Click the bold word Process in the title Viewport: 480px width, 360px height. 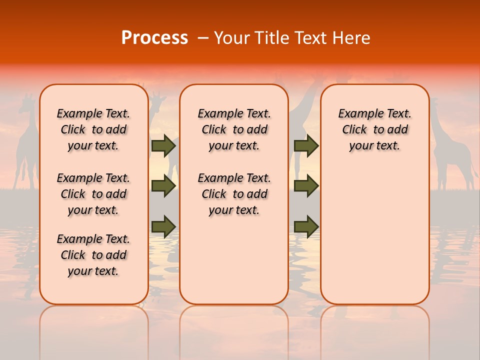pos(154,37)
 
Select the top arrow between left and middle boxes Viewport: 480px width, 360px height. pos(163,145)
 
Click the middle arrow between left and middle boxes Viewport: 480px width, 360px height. pos(163,186)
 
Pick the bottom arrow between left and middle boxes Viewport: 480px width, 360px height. pos(163,226)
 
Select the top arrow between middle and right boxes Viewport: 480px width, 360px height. pos(306,145)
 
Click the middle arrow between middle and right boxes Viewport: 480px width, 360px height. pos(306,186)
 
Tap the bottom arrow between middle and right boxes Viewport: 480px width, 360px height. pos(306,226)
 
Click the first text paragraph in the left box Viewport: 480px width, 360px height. pos(93,129)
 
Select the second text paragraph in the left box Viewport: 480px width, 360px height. pos(93,194)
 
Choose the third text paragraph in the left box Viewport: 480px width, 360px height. pos(93,255)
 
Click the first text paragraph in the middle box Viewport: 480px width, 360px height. pos(234,129)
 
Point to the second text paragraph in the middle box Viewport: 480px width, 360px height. pos(234,194)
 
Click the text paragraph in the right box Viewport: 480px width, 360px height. pos(374,129)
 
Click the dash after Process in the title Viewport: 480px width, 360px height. pos(202,38)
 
